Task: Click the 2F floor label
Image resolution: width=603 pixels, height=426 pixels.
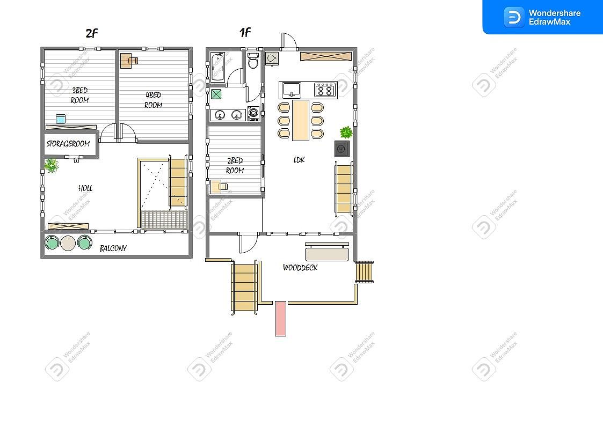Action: (x=92, y=33)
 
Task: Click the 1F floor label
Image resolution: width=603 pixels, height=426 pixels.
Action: (x=245, y=32)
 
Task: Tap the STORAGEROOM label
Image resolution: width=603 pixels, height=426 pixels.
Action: (x=68, y=144)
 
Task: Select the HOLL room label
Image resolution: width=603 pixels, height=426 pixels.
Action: (x=85, y=188)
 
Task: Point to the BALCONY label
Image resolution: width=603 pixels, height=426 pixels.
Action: (x=113, y=248)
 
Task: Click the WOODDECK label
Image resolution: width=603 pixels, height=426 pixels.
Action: (x=300, y=268)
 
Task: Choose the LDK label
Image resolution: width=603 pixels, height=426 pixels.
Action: (x=299, y=160)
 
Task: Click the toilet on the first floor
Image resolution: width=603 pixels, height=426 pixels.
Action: (x=253, y=60)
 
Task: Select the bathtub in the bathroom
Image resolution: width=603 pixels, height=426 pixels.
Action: (x=217, y=67)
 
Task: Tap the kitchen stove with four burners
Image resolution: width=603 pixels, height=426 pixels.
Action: (x=325, y=90)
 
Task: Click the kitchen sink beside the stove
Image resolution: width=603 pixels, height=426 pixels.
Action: (x=292, y=90)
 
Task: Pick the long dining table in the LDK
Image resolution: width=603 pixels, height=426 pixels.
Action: (x=301, y=120)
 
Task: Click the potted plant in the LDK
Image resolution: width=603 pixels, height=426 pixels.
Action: (x=346, y=133)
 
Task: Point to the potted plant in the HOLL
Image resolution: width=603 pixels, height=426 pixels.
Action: (x=51, y=166)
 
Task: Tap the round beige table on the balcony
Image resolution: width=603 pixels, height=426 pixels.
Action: (x=68, y=243)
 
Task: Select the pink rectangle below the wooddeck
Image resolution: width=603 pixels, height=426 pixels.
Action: (x=280, y=319)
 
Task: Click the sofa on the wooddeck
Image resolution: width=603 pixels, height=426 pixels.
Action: (x=327, y=252)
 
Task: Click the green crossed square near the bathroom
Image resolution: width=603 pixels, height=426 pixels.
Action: (x=216, y=94)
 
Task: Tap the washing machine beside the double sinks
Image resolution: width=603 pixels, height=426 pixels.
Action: (x=253, y=114)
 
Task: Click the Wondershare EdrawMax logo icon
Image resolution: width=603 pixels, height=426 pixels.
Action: (x=514, y=17)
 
